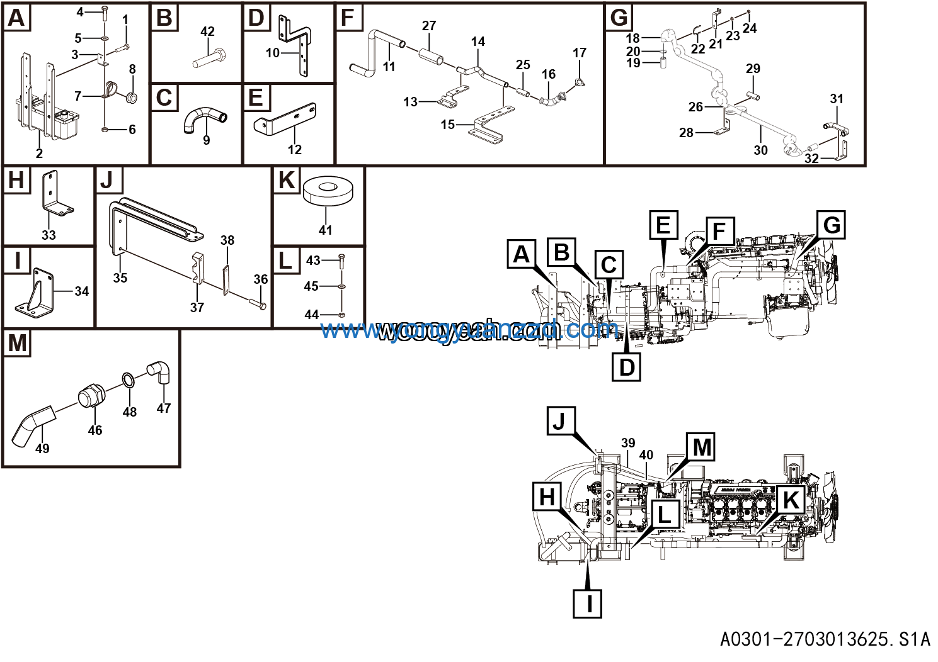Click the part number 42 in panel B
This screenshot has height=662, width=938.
[207, 31]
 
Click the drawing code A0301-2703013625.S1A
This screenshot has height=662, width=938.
[825, 639]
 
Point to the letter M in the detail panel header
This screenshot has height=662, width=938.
[17, 344]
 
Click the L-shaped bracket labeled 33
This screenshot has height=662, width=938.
[53, 195]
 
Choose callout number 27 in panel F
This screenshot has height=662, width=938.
[429, 26]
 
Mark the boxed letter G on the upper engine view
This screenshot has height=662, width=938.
[832, 225]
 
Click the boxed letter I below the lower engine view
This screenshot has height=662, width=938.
[588, 603]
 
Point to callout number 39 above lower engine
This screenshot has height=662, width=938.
[628, 443]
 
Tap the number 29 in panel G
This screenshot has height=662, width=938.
[753, 69]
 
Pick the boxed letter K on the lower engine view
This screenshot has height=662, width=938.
[791, 500]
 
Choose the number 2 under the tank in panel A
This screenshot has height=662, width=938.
[39, 154]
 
